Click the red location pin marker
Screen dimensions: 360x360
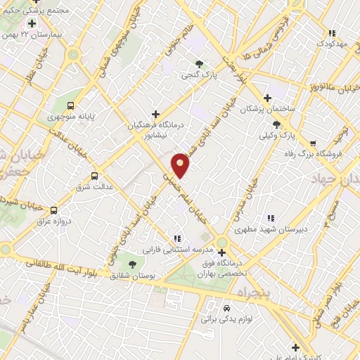tap(181, 165)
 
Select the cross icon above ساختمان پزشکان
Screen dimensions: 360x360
tap(266, 98)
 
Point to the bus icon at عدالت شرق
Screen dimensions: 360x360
tap(94, 176)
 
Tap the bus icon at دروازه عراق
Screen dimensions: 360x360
tap(54, 209)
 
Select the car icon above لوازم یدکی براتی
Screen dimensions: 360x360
tap(226, 308)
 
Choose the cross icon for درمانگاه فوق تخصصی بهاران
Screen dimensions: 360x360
tap(221, 252)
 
